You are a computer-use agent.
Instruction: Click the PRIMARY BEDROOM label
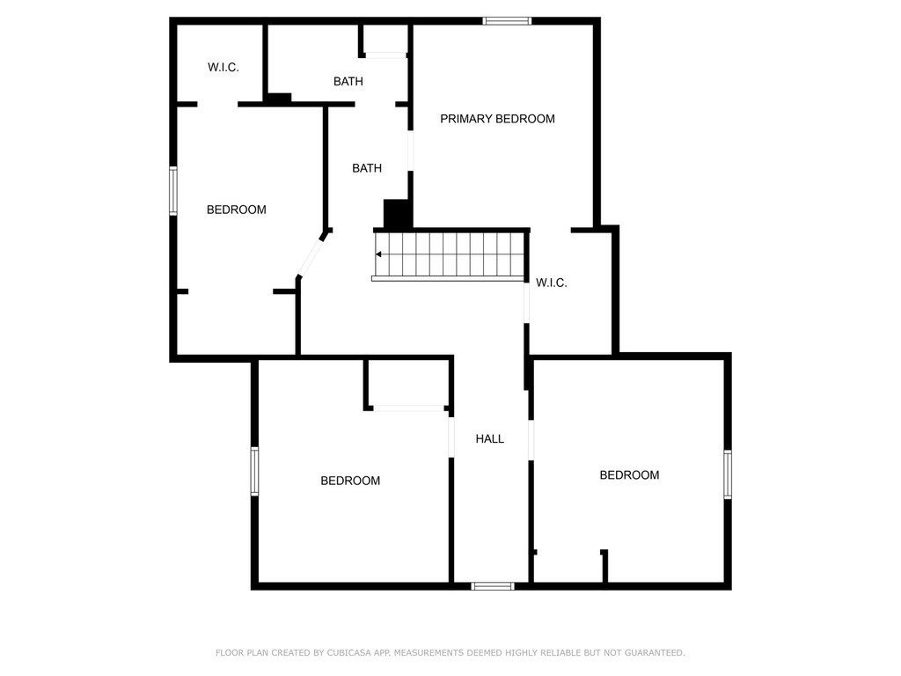[x=497, y=119]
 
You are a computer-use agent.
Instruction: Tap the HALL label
[x=490, y=438]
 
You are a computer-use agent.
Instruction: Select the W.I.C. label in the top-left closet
[x=223, y=67]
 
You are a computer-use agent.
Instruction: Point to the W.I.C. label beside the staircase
[x=552, y=283]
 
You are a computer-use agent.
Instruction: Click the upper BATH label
[x=348, y=81]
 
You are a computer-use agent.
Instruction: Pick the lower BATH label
[x=367, y=167]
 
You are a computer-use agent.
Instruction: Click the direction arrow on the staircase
[x=378, y=254]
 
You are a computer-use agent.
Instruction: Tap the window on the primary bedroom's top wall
[x=507, y=20]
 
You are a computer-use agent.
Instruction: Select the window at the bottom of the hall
[x=493, y=585]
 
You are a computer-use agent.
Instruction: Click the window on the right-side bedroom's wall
[x=728, y=474]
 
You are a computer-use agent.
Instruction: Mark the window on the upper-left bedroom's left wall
[x=173, y=191]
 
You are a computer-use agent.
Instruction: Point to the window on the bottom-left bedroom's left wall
[x=254, y=471]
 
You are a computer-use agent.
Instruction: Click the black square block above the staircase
[x=398, y=215]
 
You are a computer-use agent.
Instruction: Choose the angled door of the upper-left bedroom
[x=311, y=255]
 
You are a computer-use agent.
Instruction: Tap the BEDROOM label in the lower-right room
[x=629, y=475]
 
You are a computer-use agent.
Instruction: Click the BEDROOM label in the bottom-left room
[x=350, y=481]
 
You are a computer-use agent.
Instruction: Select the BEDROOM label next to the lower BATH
[x=237, y=209]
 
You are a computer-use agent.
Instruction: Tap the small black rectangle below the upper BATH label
[x=279, y=98]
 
